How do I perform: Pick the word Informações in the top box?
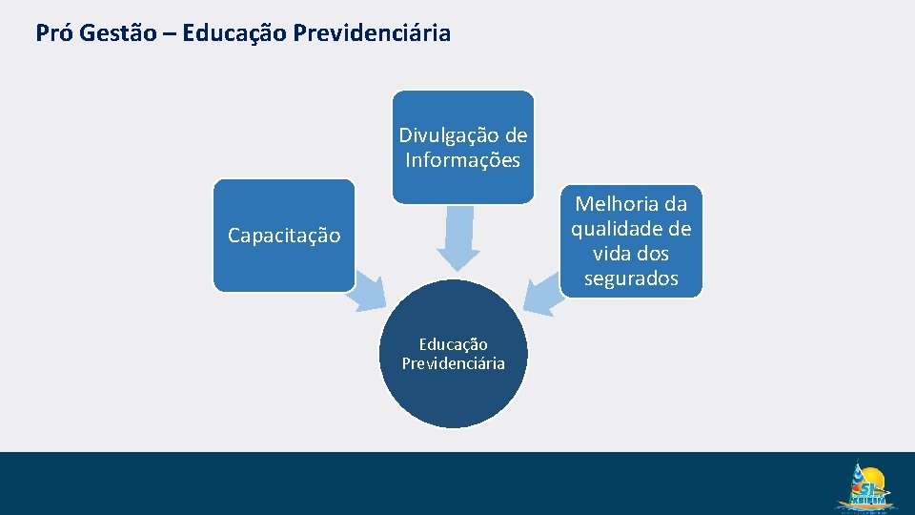(463, 160)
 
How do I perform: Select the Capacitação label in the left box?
(284, 236)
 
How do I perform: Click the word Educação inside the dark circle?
(454, 344)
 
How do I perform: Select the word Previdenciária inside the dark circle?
(454, 363)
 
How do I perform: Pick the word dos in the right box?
(652, 254)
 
